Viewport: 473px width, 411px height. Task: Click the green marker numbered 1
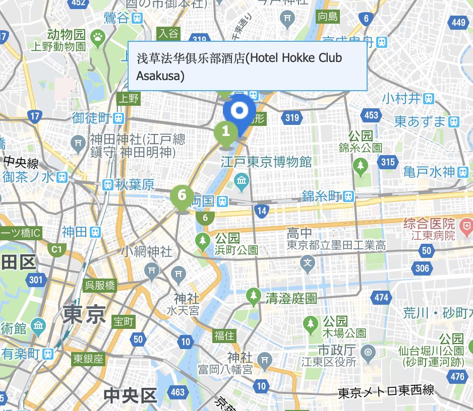tap(226, 132)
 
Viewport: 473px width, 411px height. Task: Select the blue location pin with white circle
tap(240, 111)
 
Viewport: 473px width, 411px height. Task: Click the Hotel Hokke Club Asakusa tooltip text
tap(240, 66)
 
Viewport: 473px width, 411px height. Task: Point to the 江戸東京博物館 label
tap(266, 162)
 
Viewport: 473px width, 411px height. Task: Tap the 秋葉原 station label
tap(134, 185)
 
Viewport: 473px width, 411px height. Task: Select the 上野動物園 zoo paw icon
tap(98, 36)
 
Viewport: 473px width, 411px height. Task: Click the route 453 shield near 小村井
tap(371, 115)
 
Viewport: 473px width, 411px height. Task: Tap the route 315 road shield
tap(388, 162)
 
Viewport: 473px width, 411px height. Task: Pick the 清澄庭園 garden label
tap(291, 298)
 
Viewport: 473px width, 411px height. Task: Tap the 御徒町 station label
tap(92, 118)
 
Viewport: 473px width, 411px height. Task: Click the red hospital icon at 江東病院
tap(466, 223)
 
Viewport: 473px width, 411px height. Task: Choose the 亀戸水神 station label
tap(429, 172)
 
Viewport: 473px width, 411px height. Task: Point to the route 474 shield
tap(382, 297)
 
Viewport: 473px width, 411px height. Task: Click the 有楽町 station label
tap(21, 354)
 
